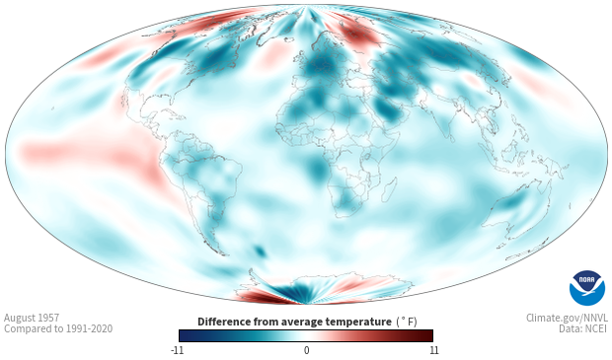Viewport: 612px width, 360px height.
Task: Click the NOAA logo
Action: (x=587, y=288)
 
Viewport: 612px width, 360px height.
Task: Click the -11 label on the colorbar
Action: (x=177, y=350)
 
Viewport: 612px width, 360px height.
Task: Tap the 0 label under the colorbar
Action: (x=306, y=350)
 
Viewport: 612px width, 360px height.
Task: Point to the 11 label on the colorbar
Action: (x=433, y=350)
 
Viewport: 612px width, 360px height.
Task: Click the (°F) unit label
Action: (x=407, y=323)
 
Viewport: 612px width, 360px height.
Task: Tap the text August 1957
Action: (x=32, y=318)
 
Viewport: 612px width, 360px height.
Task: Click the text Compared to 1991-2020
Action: (x=58, y=328)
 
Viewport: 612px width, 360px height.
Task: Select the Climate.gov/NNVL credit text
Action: (x=567, y=318)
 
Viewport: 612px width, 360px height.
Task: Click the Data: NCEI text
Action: (x=583, y=328)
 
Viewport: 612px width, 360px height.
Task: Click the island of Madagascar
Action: (x=389, y=189)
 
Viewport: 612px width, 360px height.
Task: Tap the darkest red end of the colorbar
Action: (x=429, y=335)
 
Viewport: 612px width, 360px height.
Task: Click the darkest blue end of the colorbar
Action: (x=183, y=335)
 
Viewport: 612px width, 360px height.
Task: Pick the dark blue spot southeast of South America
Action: (x=260, y=252)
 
